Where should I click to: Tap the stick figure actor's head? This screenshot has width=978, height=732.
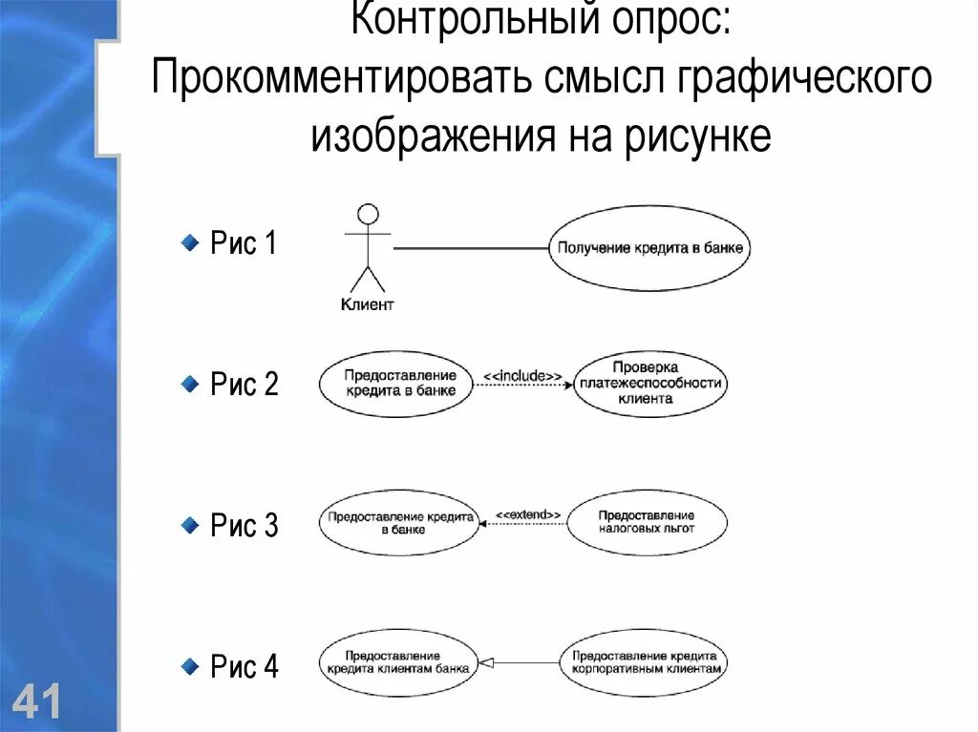point(368,215)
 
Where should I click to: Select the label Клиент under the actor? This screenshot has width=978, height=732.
point(368,305)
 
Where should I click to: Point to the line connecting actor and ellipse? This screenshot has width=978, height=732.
point(468,248)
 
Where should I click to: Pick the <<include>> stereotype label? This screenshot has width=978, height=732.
point(522,376)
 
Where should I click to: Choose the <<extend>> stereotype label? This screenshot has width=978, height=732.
point(527,514)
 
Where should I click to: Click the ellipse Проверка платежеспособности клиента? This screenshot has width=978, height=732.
point(650,385)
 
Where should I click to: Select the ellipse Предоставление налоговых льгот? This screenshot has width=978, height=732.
point(647,522)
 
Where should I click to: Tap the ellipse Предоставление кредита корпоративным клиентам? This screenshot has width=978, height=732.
point(645,662)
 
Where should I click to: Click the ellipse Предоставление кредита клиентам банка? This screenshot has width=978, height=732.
point(397,662)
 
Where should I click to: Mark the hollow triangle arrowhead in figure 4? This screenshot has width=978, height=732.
point(483,662)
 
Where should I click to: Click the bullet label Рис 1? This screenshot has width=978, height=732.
point(244,243)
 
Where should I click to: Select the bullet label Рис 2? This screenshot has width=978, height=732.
point(244,385)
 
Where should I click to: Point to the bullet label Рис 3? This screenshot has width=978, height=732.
point(244,526)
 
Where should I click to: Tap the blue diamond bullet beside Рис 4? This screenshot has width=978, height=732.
point(191,663)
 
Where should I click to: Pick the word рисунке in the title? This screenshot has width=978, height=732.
point(698,137)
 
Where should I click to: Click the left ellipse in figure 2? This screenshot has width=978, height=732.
point(395,385)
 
